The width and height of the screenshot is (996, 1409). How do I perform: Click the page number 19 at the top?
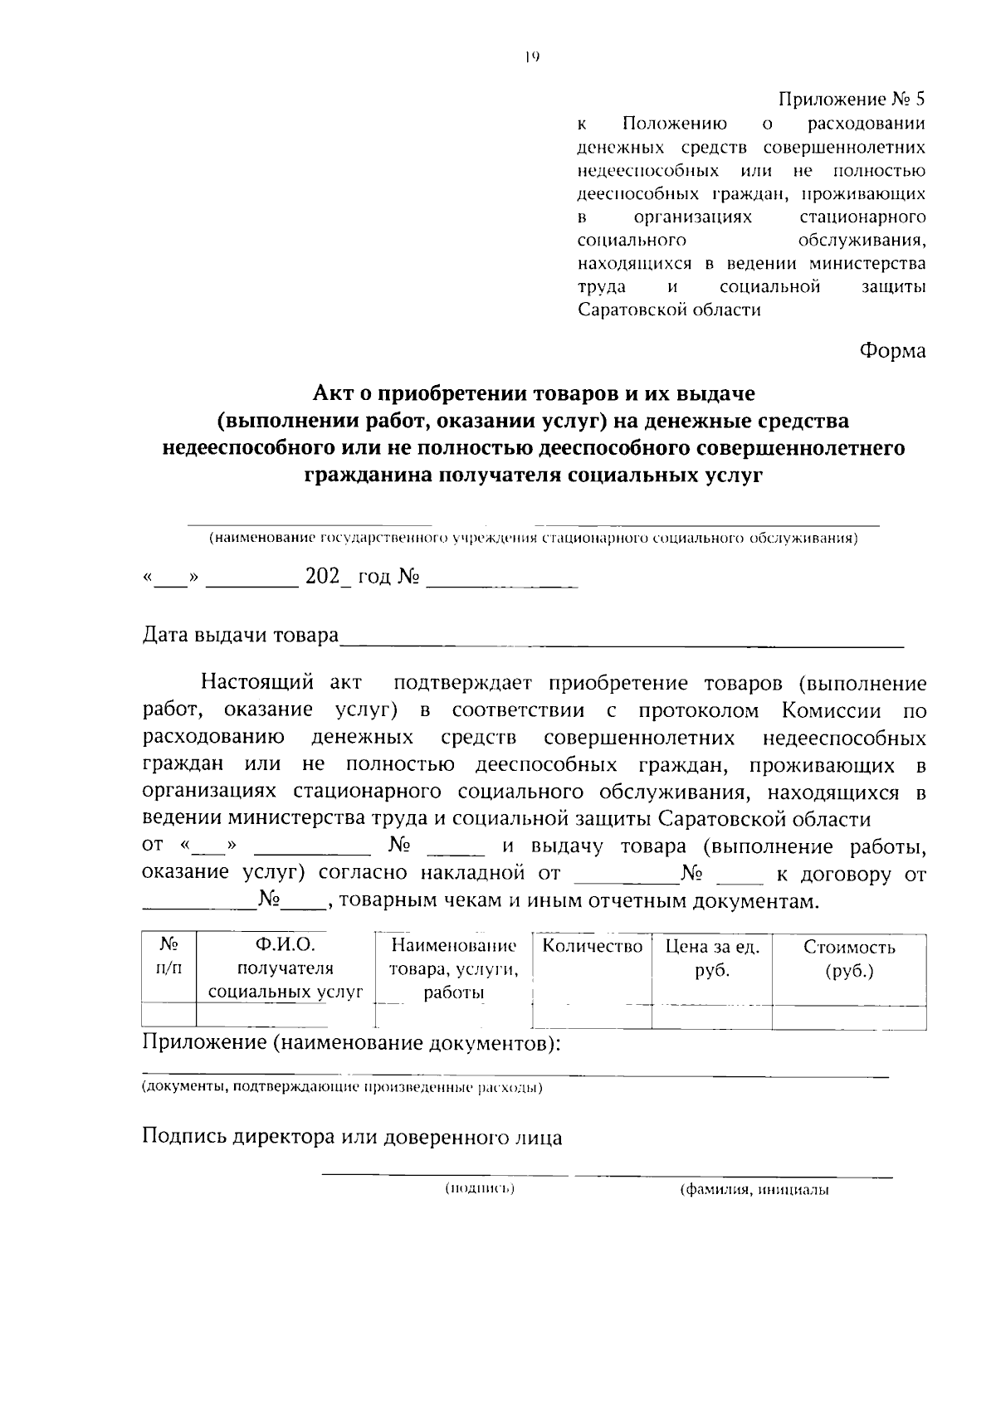tap(532, 57)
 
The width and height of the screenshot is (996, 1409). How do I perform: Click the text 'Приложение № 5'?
tap(851, 100)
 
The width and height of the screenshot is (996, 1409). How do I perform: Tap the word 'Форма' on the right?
tap(891, 350)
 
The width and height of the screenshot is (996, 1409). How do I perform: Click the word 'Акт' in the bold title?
tap(333, 391)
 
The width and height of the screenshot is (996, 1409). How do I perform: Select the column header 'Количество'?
tap(592, 946)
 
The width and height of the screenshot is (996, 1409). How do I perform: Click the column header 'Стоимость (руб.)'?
tap(848, 958)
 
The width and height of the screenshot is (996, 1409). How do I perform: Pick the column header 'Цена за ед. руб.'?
tap(711, 958)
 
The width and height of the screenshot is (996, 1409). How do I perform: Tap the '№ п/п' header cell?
tap(168, 956)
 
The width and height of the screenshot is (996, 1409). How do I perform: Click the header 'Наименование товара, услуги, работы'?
tap(453, 968)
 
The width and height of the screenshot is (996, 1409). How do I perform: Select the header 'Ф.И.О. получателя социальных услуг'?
tap(285, 968)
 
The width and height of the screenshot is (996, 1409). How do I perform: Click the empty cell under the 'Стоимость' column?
tap(848, 1017)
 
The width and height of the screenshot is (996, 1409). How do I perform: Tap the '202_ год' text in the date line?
tap(348, 576)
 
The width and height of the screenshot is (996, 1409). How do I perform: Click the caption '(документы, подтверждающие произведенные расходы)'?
tap(342, 1087)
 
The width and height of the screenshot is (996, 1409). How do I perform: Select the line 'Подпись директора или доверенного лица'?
tap(352, 1137)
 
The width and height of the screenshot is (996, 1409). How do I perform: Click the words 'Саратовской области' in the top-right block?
tap(669, 310)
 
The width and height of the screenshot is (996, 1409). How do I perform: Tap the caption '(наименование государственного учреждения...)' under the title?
tap(533, 539)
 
